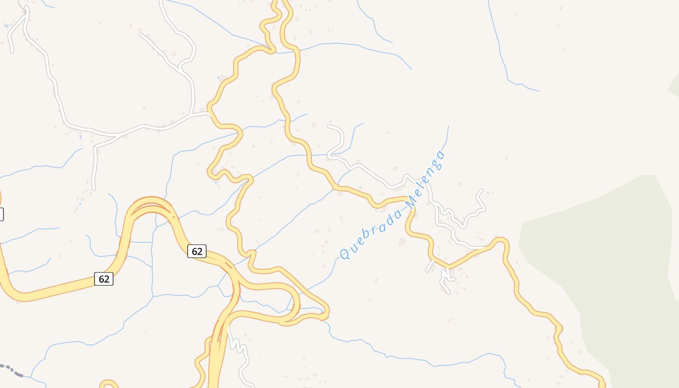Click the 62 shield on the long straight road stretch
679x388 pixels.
103,279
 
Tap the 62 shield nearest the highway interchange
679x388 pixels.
197,251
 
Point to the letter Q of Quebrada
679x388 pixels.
345,254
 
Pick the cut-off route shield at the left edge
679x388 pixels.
1,214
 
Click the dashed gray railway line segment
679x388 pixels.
12,370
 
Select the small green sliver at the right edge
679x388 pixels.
674,85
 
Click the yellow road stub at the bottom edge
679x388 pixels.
109,384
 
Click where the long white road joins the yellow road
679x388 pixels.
208,114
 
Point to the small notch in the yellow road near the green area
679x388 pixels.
558,329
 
